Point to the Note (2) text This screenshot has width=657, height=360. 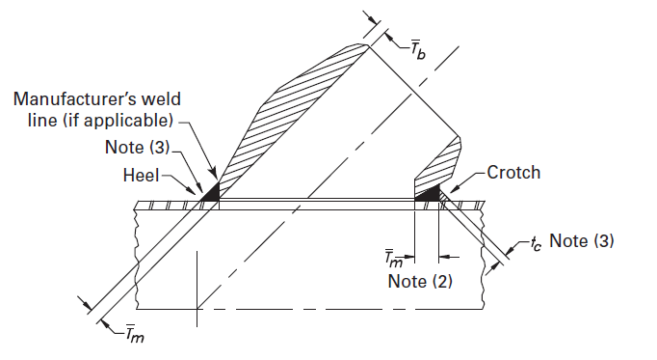tap(419, 281)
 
